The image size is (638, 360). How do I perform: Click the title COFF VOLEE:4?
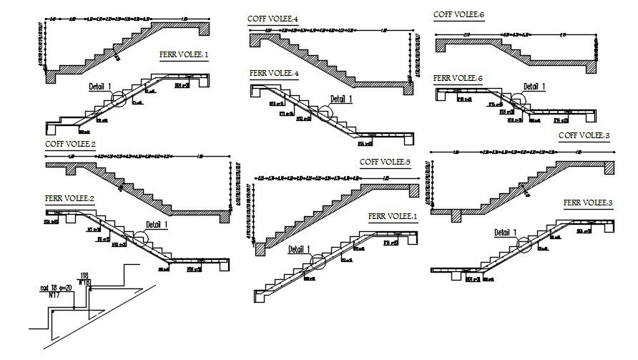[x=273, y=18]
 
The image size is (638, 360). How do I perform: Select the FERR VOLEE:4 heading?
[x=274, y=73]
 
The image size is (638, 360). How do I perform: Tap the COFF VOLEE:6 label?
[x=458, y=14]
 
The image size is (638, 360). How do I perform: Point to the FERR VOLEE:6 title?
[x=458, y=78]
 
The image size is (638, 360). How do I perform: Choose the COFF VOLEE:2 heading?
[x=70, y=144]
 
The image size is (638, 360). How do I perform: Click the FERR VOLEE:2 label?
[x=69, y=198]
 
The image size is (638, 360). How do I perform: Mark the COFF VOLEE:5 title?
[x=385, y=162]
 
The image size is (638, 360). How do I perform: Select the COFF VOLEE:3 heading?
[x=584, y=135]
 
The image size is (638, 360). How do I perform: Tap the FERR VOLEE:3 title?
[x=588, y=203]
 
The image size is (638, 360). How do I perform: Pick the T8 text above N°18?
[x=85, y=275]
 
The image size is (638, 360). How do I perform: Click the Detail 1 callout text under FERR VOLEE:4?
[x=342, y=99]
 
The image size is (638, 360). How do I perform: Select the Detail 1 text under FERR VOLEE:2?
[x=156, y=225]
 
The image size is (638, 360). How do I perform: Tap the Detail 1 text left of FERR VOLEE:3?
[x=505, y=233]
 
